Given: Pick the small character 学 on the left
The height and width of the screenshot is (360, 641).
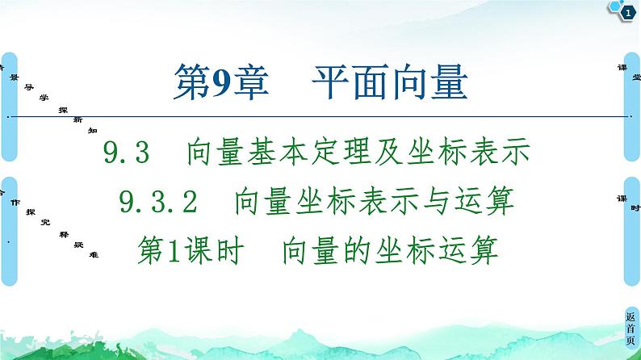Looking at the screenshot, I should click(44, 95).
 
